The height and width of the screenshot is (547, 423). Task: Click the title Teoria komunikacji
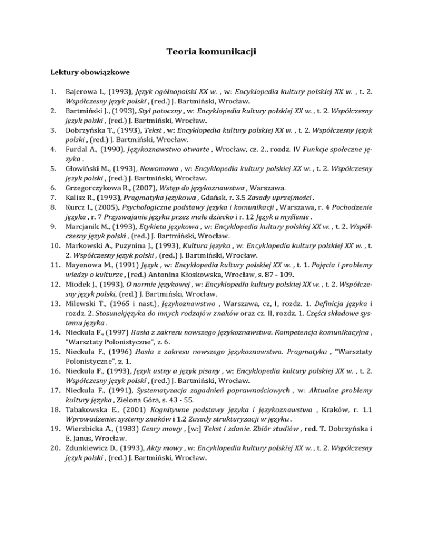(211, 53)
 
